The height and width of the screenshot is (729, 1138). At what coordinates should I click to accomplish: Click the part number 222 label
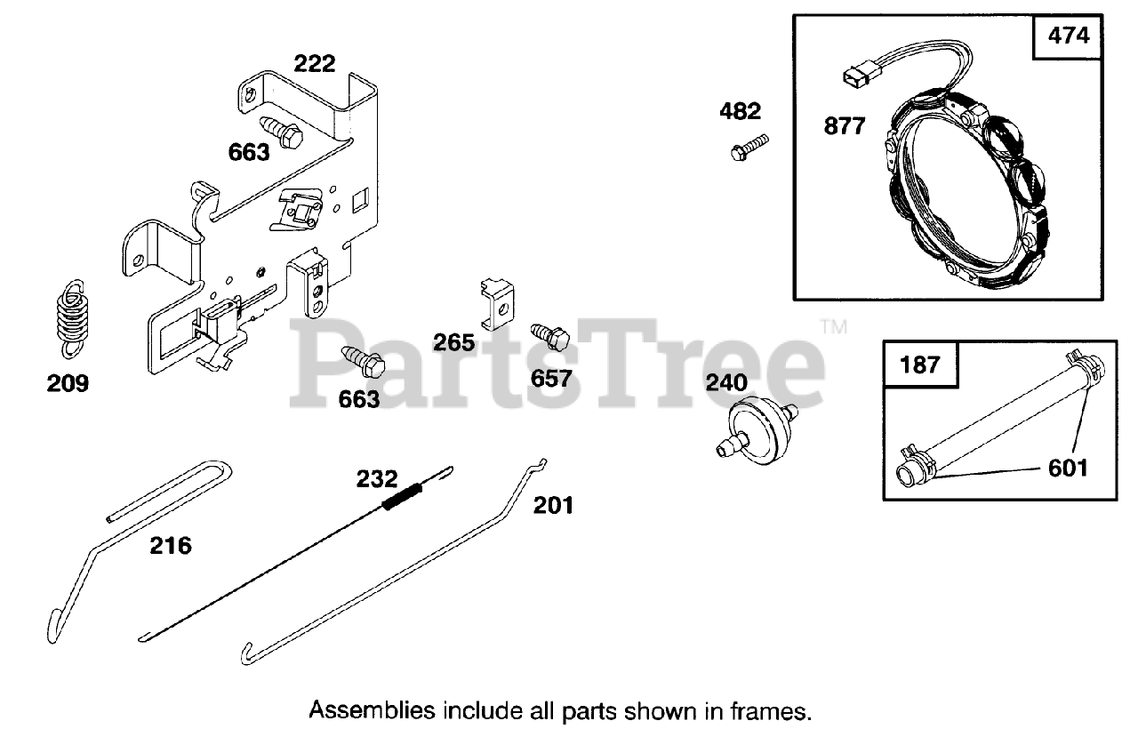click(x=315, y=64)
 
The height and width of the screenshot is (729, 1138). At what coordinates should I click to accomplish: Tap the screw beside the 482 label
click(x=749, y=147)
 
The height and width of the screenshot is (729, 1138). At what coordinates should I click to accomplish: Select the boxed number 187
click(x=919, y=364)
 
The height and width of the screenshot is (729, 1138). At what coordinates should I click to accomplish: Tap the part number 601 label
click(x=1068, y=467)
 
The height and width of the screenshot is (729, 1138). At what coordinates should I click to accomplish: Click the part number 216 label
click(x=170, y=545)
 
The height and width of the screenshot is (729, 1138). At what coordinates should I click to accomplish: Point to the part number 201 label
click(x=553, y=505)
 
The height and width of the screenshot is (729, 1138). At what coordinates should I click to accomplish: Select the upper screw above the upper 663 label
click(x=282, y=131)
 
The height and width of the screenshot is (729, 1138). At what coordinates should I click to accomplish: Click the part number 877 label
click(x=844, y=126)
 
